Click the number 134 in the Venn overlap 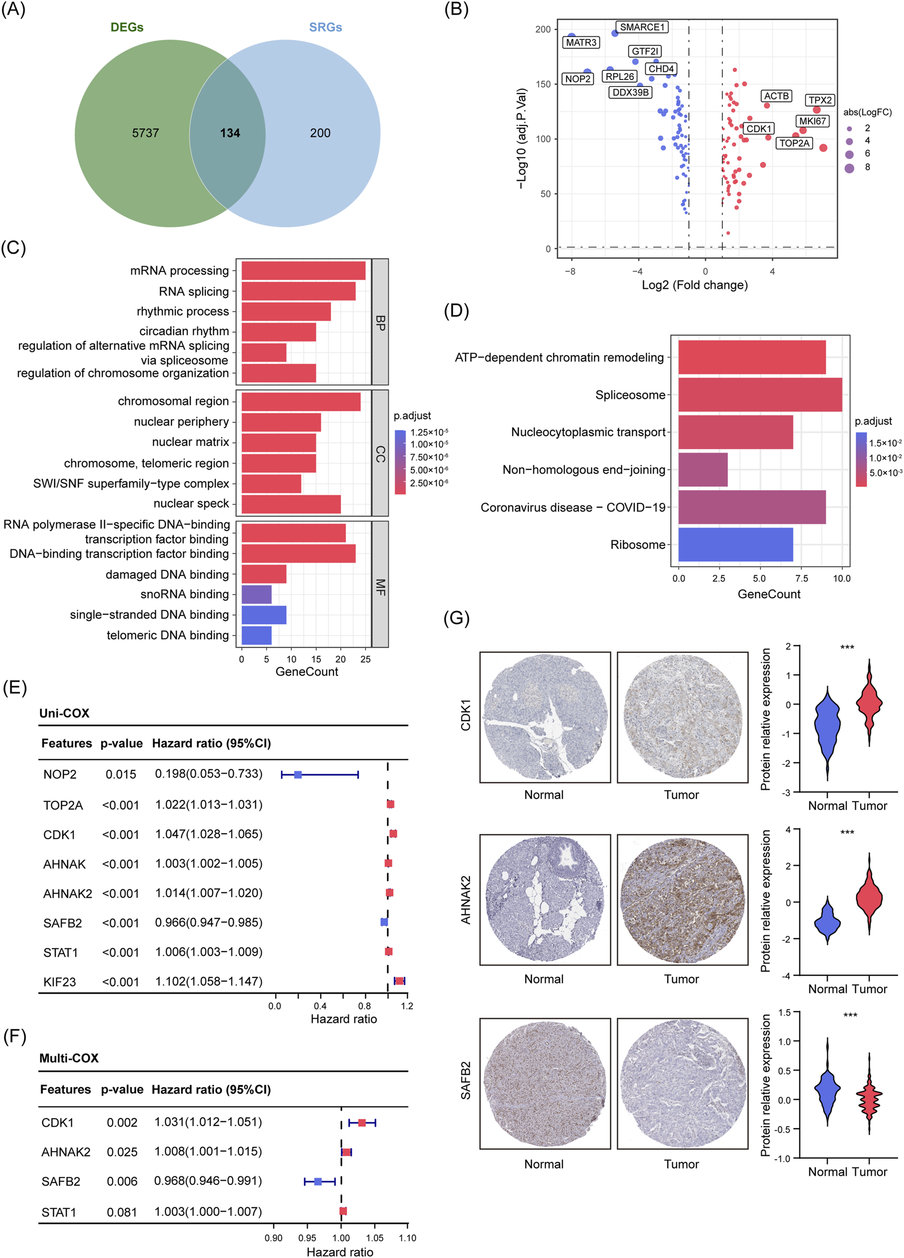pos(230,133)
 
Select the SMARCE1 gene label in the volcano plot pos(642,27)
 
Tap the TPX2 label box pos(820,100)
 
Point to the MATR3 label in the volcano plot pos(581,42)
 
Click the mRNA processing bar pos(303,271)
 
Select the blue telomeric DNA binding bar pos(256,635)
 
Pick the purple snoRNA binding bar pos(256,594)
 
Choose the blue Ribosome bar pos(735,545)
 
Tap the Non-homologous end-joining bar pos(703,470)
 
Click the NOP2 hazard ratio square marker pos(298,774)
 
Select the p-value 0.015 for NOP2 pos(121,774)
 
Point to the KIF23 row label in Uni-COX pos(59,982)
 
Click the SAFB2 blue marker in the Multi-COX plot pos(318,1181)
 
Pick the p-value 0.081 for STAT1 pos(122,1212)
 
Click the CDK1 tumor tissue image pos(682,717)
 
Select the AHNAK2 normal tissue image pos(544,900)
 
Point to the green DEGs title pos(127,27)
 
